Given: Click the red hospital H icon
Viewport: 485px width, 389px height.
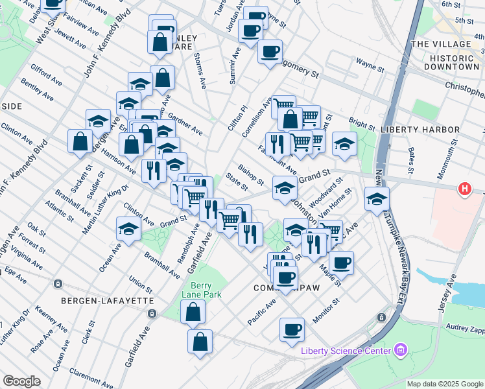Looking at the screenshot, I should click(x=464, y=189).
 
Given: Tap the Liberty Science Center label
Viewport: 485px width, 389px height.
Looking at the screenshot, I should click(x=346, y=351).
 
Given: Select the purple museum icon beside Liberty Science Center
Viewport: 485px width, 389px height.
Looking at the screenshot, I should click(x=401, y=351).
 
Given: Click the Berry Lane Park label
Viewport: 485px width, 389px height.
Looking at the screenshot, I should click(x=206, y=290).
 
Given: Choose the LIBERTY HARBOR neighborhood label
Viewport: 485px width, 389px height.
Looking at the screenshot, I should click(x=420, y=130).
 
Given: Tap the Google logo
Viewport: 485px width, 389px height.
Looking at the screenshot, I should click(x=21, y=381).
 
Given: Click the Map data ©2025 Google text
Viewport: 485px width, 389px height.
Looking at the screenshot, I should click(x=444, y=384).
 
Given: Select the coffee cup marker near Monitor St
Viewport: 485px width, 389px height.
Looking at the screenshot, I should click(x=292, y=329).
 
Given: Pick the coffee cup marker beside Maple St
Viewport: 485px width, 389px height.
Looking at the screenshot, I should click(x=341, y=263).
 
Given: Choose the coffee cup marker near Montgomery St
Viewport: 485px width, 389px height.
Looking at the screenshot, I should click(x=270, y=51).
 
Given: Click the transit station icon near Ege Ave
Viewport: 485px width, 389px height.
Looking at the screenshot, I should click(x=58, y=283).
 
